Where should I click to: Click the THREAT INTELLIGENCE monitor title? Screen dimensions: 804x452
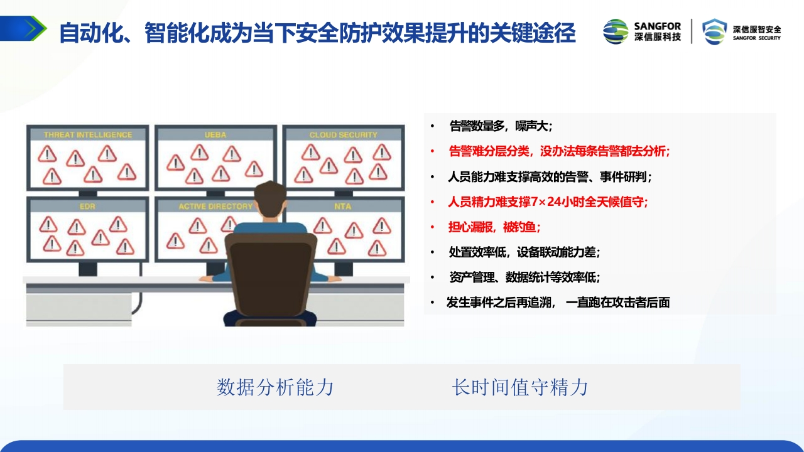pos(88,135)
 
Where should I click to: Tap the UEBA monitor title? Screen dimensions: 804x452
pos(215,135)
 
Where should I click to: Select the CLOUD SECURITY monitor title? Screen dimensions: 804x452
pos(344,135)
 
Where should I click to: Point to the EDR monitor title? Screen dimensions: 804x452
pos(87,207)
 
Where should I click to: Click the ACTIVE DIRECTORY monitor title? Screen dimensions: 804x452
pos(215,207)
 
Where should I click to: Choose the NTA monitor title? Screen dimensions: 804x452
pos(343,207)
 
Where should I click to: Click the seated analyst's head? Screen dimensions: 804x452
pos(270,199)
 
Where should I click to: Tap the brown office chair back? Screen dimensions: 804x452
pos(271,274)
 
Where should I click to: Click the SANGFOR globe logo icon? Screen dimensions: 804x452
pos(616,31)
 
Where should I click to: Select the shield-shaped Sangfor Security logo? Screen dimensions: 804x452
pos(715,31)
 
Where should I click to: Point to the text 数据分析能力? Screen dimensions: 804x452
pos(275,387)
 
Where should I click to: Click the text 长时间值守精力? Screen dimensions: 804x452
pos(520,387)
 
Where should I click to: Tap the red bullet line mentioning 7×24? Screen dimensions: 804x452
pos(548,202)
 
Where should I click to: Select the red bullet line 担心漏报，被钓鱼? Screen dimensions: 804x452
pos(494,227)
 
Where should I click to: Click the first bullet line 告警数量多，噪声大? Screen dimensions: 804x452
pos(501,126)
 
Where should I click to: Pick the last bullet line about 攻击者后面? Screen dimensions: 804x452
pos(558,303)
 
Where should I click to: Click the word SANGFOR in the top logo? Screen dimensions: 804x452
pos(658,26)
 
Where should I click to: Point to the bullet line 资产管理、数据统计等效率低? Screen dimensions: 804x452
pos(524,277)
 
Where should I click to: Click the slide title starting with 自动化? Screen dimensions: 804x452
pos(318,33)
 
